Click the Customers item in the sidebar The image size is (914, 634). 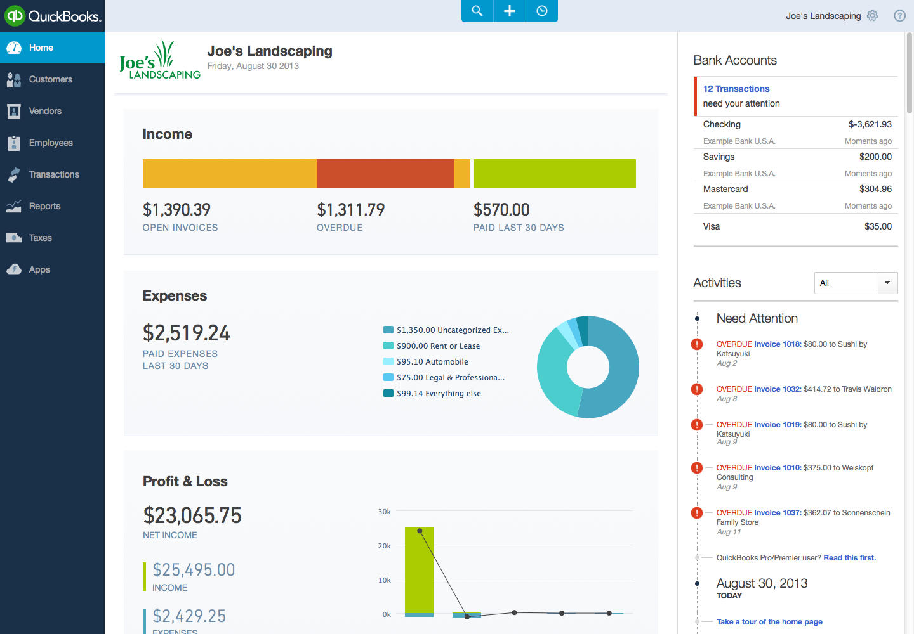point(50,79)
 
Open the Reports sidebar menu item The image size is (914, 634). point(44,206)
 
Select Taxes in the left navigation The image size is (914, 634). point(40,238)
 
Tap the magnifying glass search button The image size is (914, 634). point(477,11)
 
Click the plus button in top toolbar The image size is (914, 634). point(510,11)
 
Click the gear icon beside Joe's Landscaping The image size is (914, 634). point(873,16)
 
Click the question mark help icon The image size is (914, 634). point(899,16)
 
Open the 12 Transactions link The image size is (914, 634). point(736,89)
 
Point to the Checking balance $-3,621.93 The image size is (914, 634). point(870,124)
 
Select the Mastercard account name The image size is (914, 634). point(725,189)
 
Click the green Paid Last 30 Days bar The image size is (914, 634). point(554,173)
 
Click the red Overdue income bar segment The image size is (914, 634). point(385,173)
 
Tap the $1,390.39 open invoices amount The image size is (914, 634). point(176,210)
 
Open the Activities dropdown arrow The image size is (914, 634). point(887,283)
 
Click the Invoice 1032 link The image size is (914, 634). point(778,389)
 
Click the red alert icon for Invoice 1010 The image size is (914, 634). point(697,468)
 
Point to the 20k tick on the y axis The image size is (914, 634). point(385,546)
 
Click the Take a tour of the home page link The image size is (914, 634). point(769,622)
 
